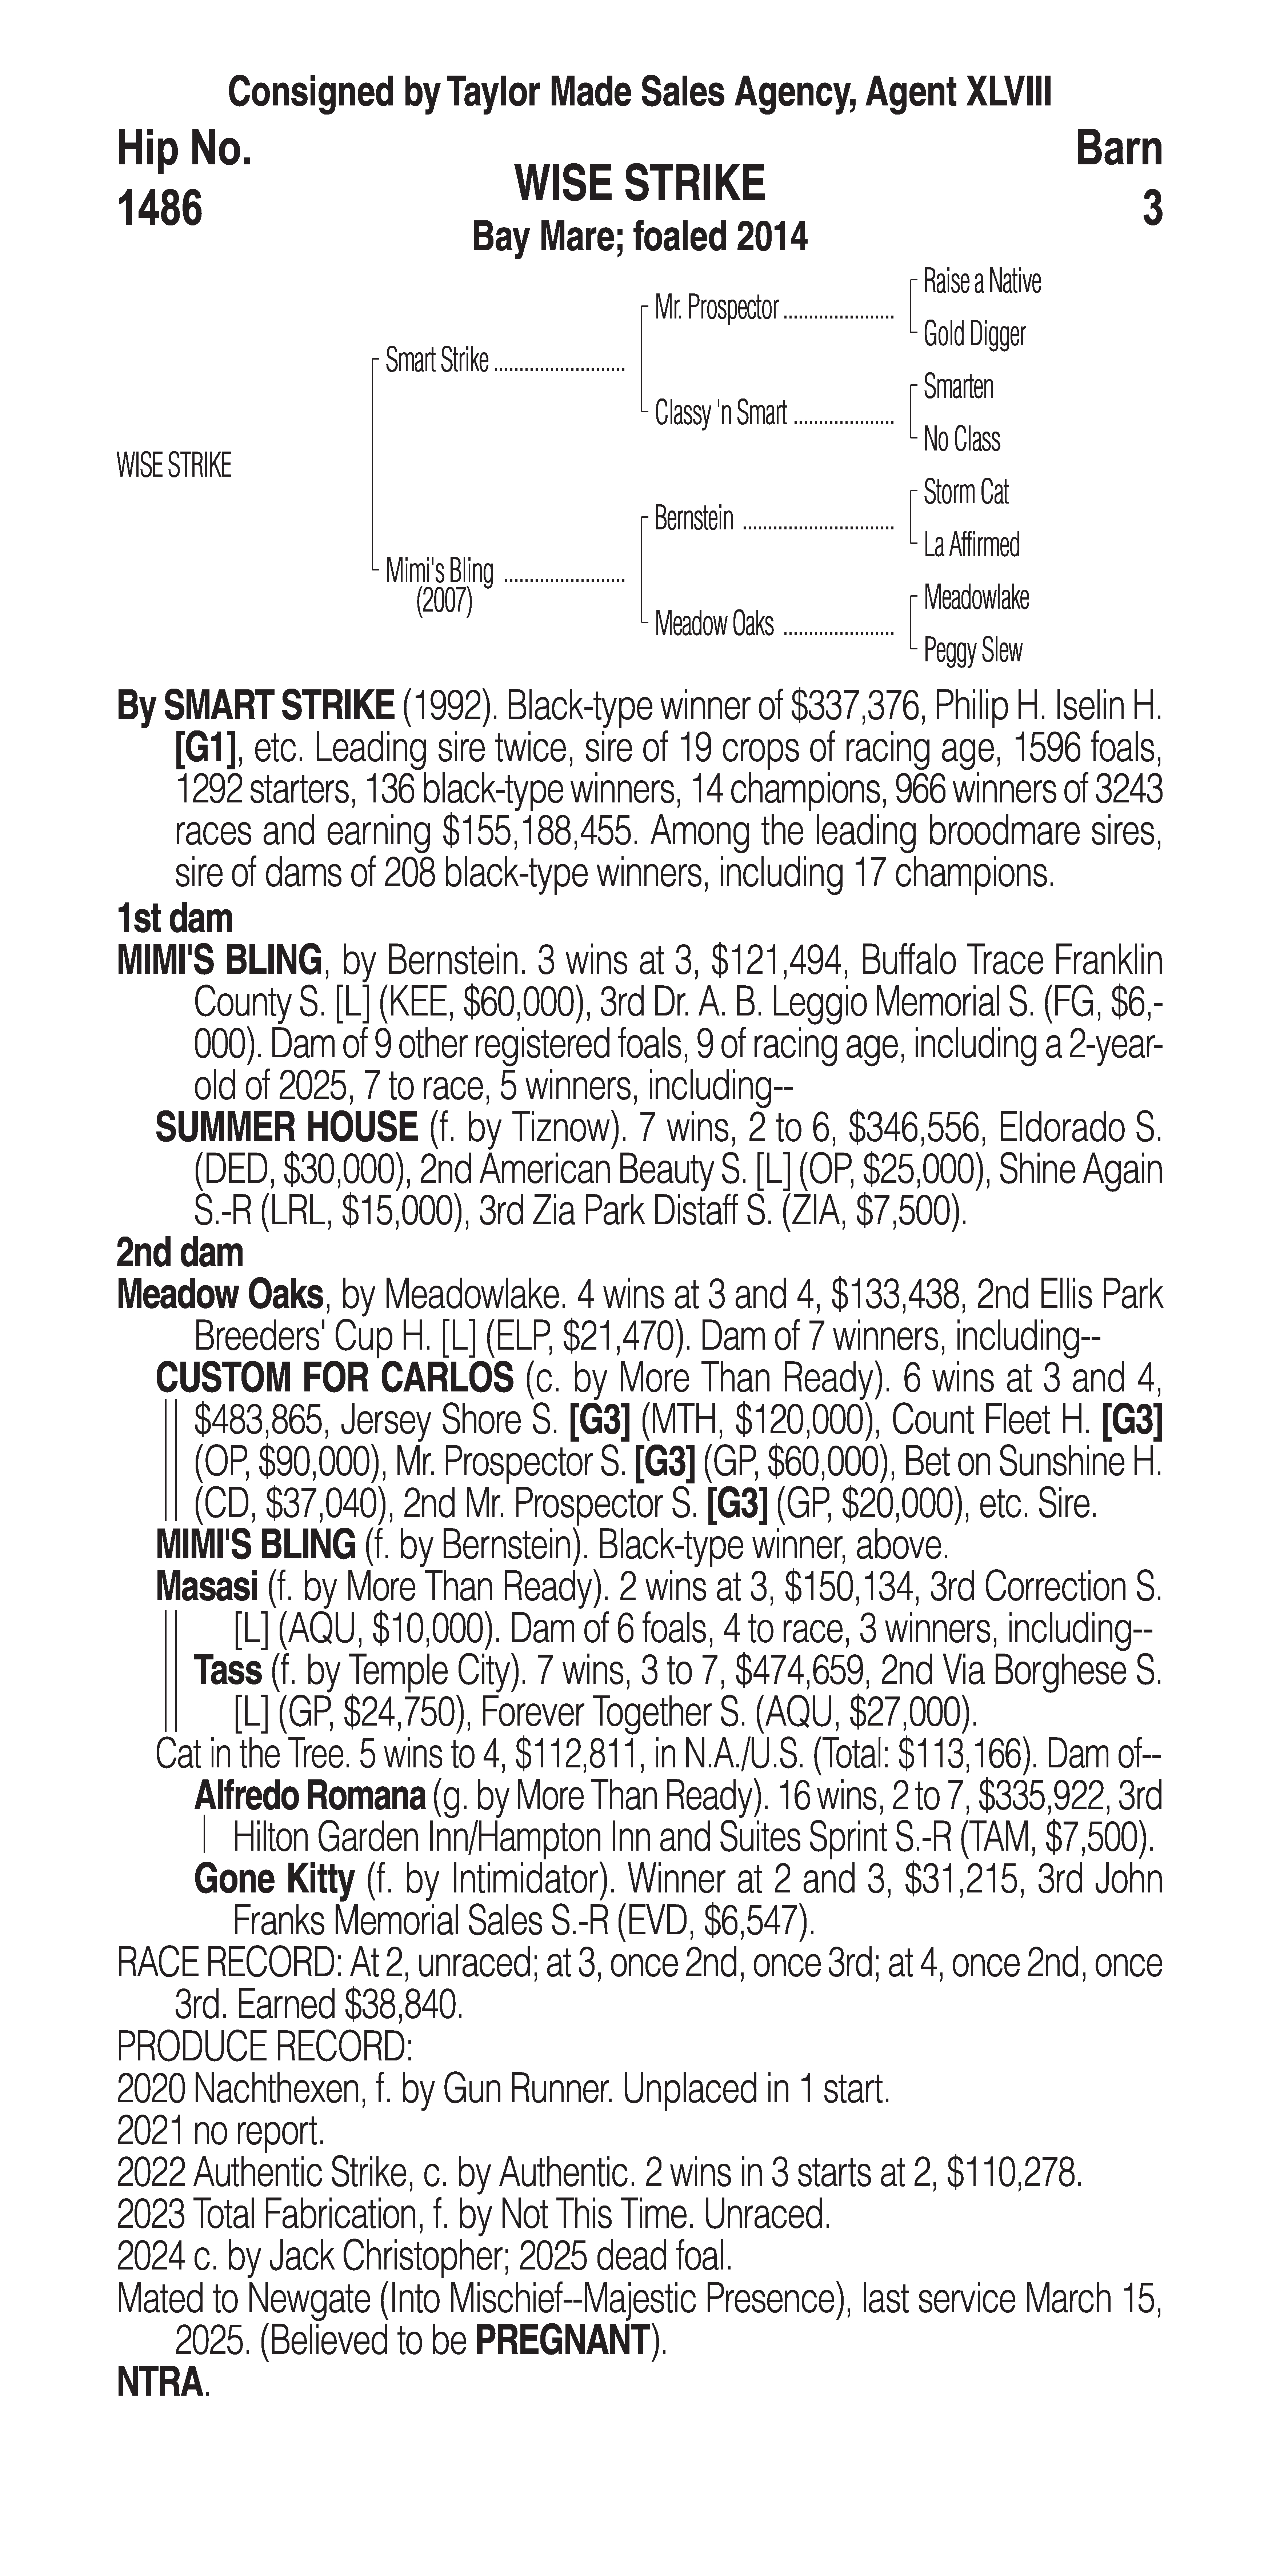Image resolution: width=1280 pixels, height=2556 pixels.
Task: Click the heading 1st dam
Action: click(x=175, y=919)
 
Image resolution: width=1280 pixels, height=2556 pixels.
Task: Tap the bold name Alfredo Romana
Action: click(x=309, y=1796)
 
